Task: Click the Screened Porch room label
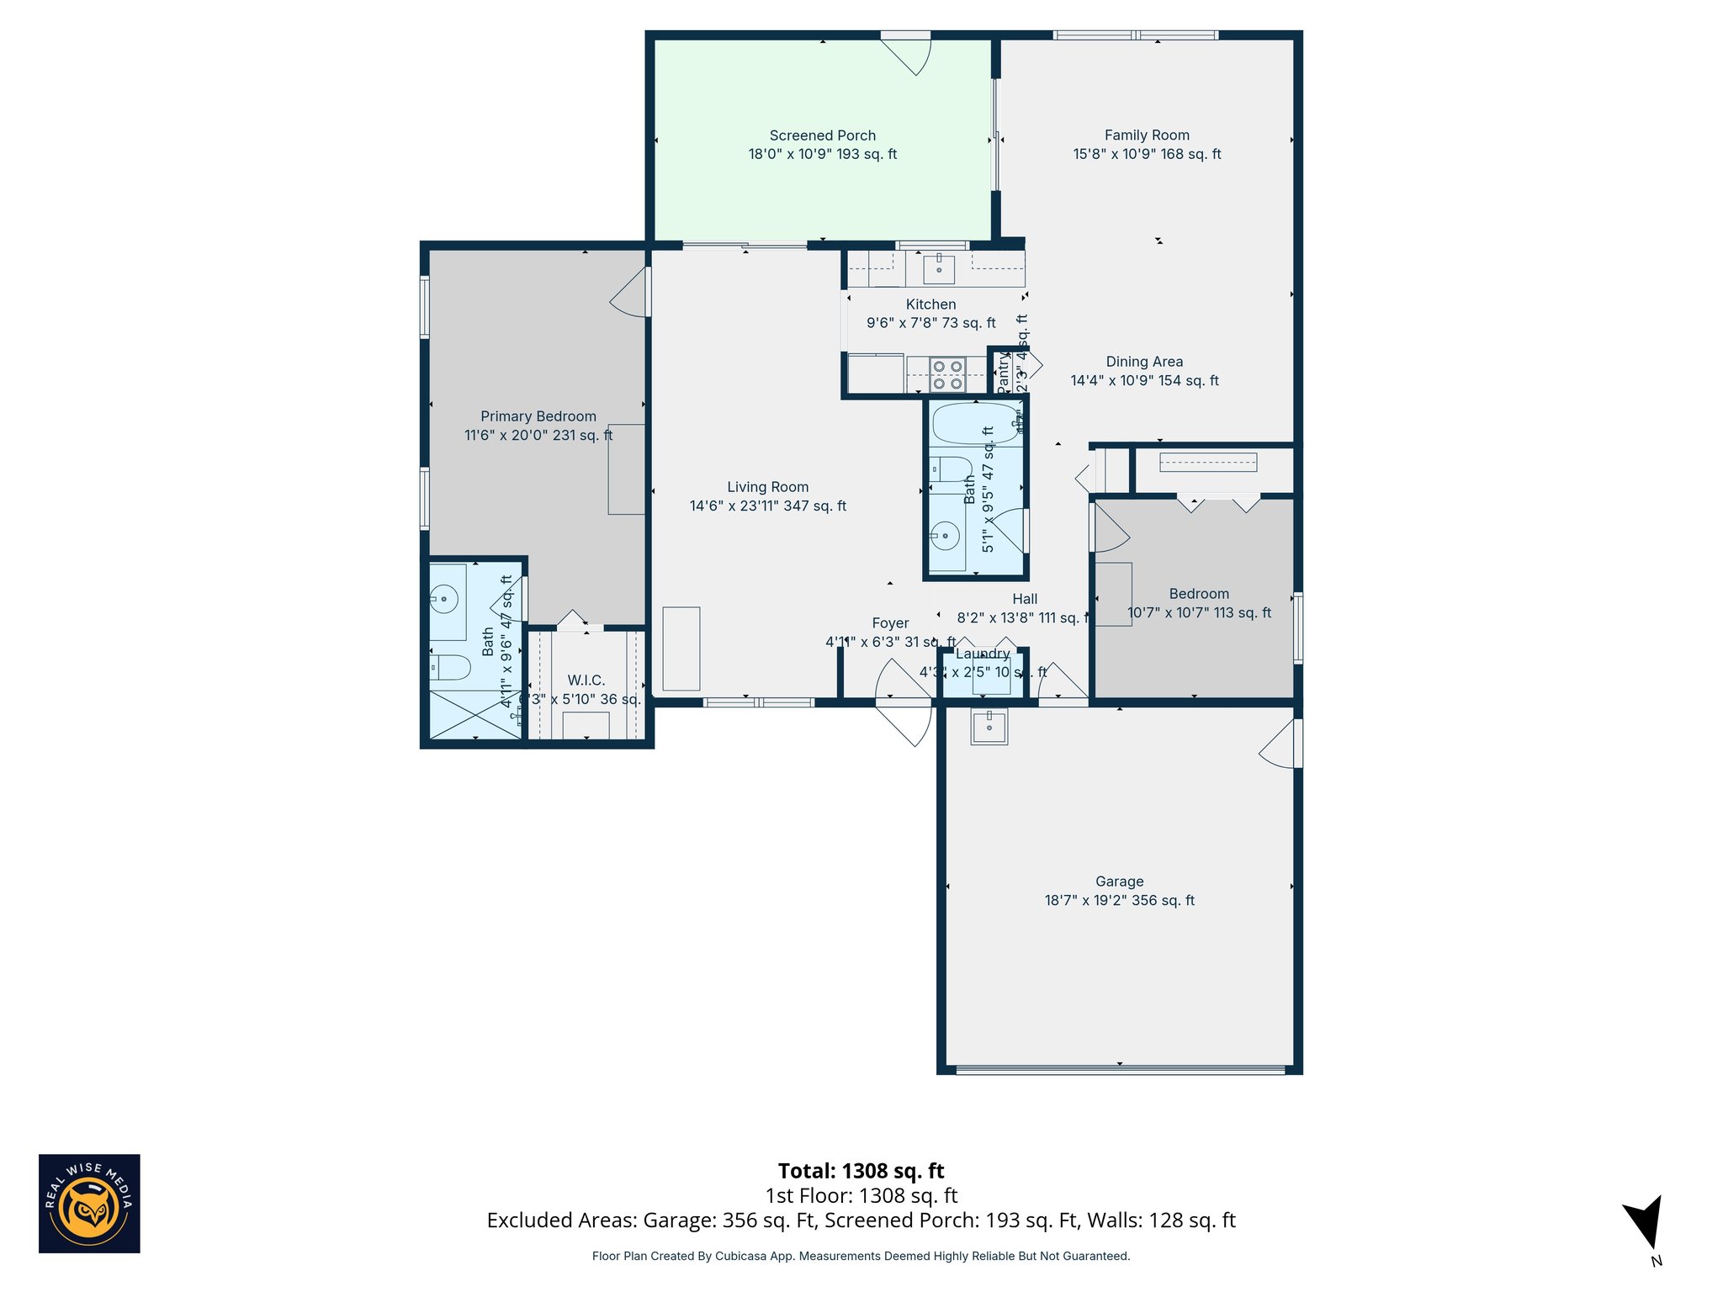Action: [x=822, y=135]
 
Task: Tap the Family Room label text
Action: [x=1146, y=135]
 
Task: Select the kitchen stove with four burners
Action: [x=947, y=375]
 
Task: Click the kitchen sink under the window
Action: [x=939, y=269]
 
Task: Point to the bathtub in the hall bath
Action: [x=974, y=423]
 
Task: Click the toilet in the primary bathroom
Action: [x=449, y=668]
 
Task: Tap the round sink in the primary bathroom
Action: [x=443, y=600]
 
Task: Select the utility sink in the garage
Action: [x=989, y=726]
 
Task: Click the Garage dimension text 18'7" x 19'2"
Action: [x=1119, y=900]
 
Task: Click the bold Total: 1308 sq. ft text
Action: [x=861, y=1171]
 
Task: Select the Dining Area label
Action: [x=1144, y=362]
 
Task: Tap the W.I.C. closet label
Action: [x=586, y=680]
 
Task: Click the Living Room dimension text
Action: [x=767, y=506]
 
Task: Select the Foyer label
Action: [x=890, y=623]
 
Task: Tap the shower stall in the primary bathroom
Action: [x=474, y=715]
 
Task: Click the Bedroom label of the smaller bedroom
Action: [x=1198, y=594]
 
